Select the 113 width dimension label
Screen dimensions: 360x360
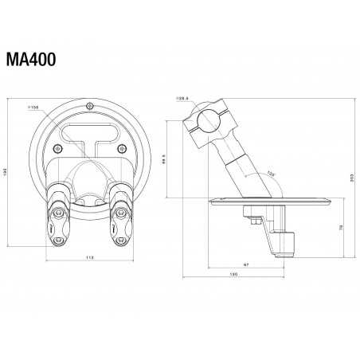(x=90, y=257)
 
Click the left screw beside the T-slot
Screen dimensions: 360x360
(x=56, y=148)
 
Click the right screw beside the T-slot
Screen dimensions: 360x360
(x=121, y=148)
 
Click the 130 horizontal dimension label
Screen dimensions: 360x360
(x=232, y=275)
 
